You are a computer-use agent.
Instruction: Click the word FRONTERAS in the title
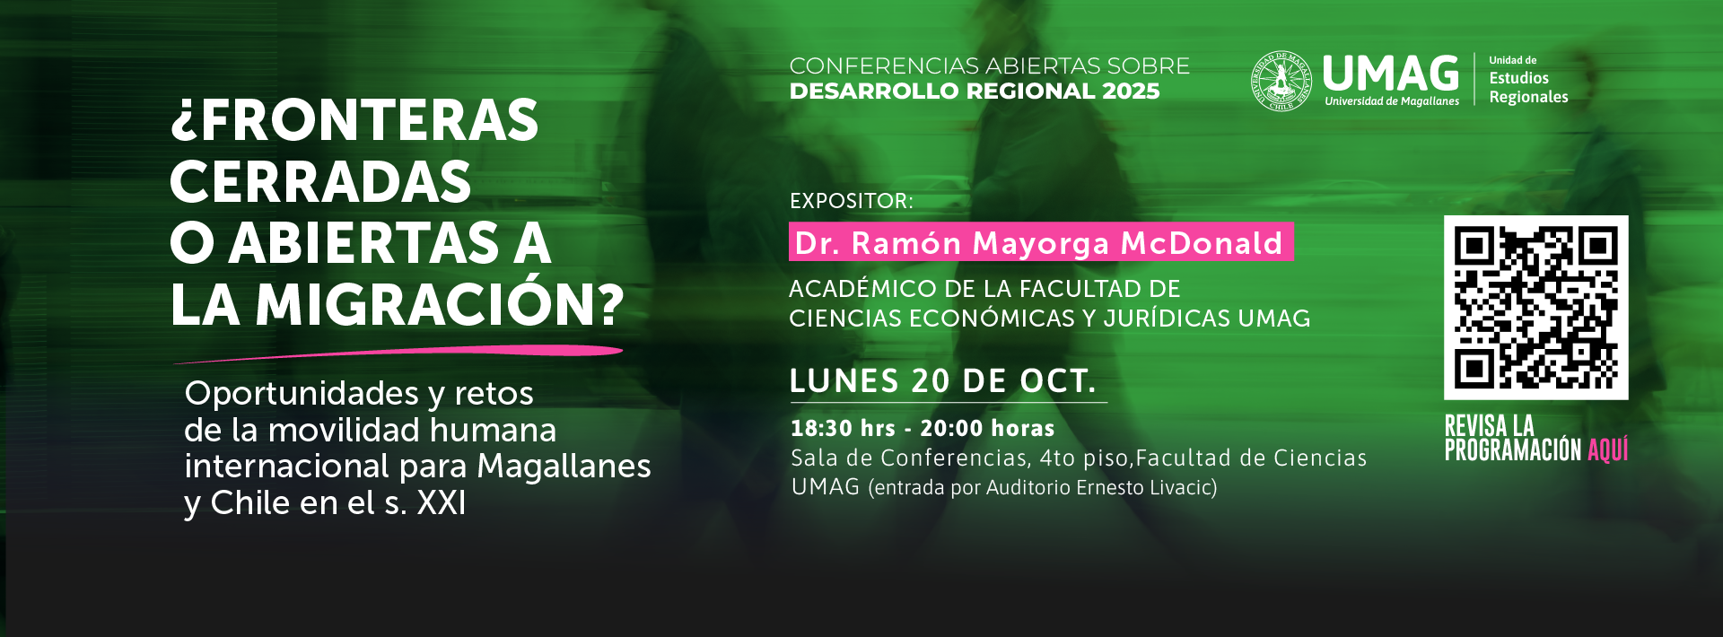pos(369,121)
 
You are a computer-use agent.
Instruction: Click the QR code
pos(1535,308)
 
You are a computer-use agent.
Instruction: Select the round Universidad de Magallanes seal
pos(1281,81)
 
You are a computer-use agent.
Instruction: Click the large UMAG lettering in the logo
pos(1391,74)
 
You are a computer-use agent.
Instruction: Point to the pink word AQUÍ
pos(1607,449)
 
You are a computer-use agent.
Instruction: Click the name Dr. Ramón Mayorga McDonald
pos(1039,243)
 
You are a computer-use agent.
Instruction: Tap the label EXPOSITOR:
pos(851,201)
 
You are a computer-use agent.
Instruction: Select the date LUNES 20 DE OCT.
pos(942,381)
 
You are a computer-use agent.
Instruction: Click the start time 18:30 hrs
pos(843,429)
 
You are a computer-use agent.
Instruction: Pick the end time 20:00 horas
pos(987,429)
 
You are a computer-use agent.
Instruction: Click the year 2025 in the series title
pos(1131,92)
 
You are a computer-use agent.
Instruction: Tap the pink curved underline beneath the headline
pos(398,353)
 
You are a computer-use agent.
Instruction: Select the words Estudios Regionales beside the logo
pos(1528,87)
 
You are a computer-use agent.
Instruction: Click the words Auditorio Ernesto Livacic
pos(1098,488)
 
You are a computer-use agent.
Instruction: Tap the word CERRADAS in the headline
pos(320,182)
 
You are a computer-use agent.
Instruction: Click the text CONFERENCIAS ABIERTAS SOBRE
pos(989,66)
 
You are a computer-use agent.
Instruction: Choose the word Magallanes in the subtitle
pos(564,467)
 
